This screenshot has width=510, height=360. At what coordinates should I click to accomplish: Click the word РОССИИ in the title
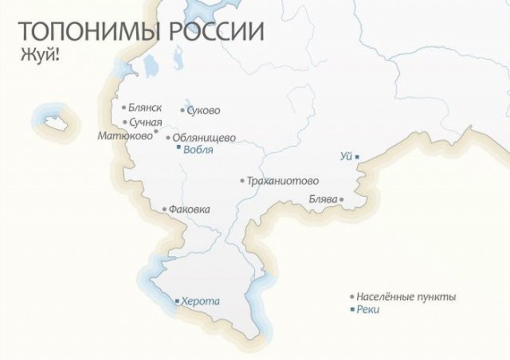tap(214, 32)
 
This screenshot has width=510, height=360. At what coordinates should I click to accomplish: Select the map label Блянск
tap(145, 108)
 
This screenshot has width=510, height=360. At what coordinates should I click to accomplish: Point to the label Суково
tap(203, 111)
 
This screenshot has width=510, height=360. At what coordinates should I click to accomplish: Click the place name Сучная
tap(145, 123)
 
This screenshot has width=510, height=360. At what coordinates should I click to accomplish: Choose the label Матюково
tap(124, 135)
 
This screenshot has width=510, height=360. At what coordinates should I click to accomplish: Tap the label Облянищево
tap(204, 137)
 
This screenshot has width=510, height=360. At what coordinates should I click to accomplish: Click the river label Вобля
tap(198, 148)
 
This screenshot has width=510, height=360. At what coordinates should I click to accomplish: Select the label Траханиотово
tap(283, 181)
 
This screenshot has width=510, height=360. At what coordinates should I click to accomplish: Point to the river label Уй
tap(346, 156)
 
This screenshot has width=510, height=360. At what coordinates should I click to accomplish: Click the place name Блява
tap(322, 199)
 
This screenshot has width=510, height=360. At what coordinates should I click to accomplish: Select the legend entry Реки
tap(369, 309)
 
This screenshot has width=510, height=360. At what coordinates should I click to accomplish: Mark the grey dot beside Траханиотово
tap(242, 181)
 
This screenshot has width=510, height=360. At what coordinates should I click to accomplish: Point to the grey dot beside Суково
tap(182, 111)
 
